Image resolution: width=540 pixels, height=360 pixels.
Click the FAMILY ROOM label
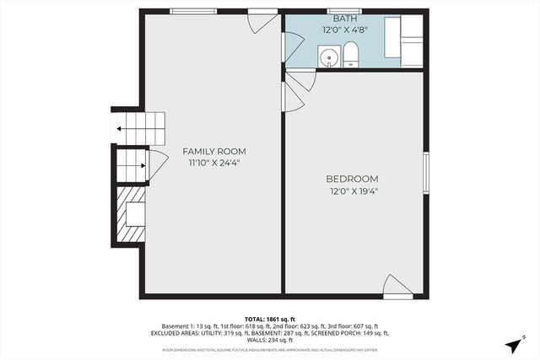click(214, 152)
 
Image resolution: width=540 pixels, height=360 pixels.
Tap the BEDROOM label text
click(352, 179)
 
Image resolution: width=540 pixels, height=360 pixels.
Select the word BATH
click(344, 18)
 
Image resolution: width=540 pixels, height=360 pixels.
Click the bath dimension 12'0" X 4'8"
click(344, 30)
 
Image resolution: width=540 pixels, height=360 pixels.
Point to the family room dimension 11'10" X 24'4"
click(214, 164)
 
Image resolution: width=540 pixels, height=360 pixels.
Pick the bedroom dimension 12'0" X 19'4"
click(352, 191)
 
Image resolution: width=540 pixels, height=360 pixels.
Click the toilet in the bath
click(351, 56)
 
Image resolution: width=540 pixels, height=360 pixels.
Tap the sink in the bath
click(328, 57)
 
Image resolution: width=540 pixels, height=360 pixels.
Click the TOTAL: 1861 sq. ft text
click(270, 319)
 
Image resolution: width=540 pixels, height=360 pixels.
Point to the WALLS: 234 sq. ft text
click(270, 340)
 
